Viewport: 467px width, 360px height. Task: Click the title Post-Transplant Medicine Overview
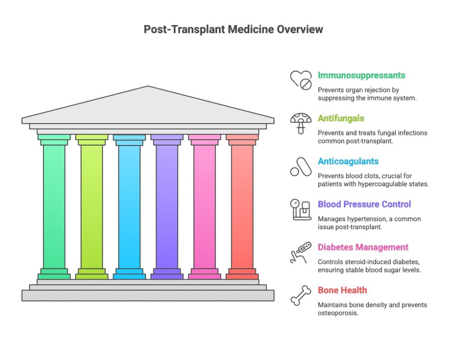pyautogui.click(x=233, y=30)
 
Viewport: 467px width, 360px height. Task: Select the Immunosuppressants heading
pyautogui.click(x=361, y=75)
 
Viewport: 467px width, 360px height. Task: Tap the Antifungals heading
pyautogui.click(x=341, y=119)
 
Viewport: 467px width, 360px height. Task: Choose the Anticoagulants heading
pyautogui.click(x=348, y=162)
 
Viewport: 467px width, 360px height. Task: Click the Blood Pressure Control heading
pyautogui.click(x=364, y=204)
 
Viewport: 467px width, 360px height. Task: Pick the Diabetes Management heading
pyautogui.click(x=363, y=247)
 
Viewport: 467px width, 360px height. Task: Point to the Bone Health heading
pyautogui.click(x=342, y=290)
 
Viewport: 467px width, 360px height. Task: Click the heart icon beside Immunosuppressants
pyautogui.click(x=301, y=79)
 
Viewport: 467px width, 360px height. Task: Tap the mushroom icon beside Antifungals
pyautogui.click(x=301, y=122)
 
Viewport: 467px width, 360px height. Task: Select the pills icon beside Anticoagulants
pyautogui.click(x=301, y=166)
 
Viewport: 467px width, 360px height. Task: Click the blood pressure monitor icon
pyautogui.click(x=301, y=209)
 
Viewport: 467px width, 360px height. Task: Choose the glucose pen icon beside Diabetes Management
pyautogui.click(x=301, y=252)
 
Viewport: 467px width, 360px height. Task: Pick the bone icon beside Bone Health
pyautogui.click(x=301, y=295)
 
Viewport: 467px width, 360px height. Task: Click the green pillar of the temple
pyautogui.click(x=54, y=205)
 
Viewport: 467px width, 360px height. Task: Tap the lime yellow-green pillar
pyautogui.click(x=92, y=205)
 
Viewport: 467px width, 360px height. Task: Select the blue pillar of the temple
pyautogui.click(x=130, y=205)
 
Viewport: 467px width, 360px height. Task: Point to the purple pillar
pyautogui.click(x=167, y=205)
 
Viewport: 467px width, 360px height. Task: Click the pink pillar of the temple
pyautogui.click(x=204, y=205)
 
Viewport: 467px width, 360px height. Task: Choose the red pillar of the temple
pyautogui.click(x=242, y=205)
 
